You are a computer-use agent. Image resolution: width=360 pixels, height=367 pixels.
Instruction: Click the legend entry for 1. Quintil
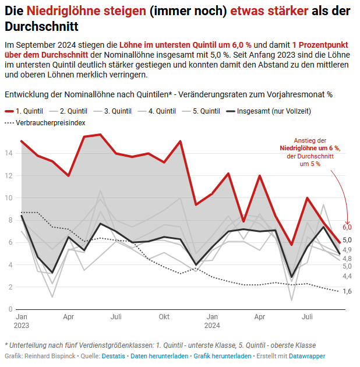(26, 111)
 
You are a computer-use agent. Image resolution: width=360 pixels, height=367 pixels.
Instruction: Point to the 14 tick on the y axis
(9, 153)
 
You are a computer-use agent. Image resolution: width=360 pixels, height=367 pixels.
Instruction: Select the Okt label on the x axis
(164, 317)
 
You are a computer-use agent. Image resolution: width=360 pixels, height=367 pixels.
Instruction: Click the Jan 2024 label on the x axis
(212, 321)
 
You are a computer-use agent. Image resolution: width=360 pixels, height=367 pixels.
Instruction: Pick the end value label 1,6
(347, 291)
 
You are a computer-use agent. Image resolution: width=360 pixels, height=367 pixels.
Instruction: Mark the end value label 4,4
(347, 276)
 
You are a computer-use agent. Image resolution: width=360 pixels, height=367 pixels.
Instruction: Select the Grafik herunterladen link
(222, 356)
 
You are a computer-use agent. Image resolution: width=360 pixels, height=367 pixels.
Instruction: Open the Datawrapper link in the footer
(308, 356)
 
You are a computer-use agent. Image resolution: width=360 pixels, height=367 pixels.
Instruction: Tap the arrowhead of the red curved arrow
(348, 220)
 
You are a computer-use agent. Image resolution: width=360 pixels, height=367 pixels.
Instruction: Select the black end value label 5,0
(347, 240)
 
